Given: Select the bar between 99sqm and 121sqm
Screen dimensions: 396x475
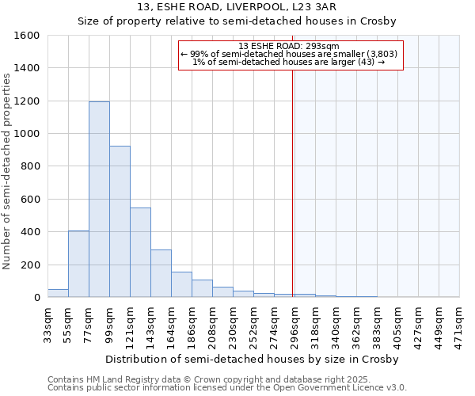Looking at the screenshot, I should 120,222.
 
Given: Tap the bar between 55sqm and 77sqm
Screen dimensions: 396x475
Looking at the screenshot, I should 78,264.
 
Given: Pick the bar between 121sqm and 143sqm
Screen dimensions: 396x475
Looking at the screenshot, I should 140,252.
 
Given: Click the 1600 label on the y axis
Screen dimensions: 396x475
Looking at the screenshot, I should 27,36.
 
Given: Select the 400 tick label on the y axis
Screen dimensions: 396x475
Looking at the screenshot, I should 30,232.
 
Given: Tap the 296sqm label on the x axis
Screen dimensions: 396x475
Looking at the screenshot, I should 294,323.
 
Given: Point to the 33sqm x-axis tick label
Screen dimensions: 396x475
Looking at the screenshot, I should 48,323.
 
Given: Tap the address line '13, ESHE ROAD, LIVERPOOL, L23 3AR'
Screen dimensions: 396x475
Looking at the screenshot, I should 237,7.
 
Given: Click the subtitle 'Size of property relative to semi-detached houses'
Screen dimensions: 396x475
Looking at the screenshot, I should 237,21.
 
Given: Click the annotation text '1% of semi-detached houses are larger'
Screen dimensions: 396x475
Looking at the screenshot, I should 289,62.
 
